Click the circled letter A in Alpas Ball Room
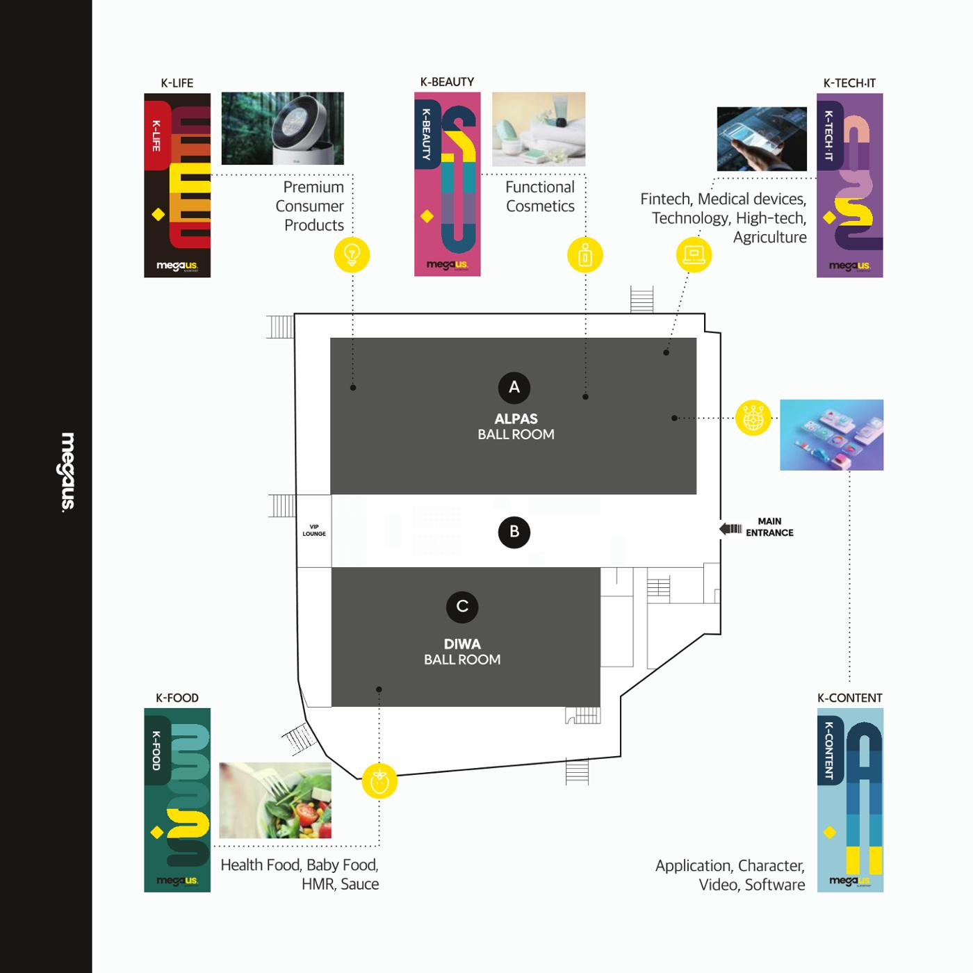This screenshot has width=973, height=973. click(x=514, y=387)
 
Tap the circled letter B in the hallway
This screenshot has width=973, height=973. click(x=514, y=532)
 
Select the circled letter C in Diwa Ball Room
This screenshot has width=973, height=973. click(x=462, y=607)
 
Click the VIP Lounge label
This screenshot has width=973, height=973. click(x=314, y=530)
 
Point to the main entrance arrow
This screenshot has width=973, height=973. click(x=730, y=529)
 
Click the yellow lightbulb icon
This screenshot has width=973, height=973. click(x=352, y=254)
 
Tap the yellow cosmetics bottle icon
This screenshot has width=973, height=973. click(x=585, y=254)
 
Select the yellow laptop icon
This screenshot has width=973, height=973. click(x=694, y=254)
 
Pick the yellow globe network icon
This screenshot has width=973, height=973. click(x=753, y=418)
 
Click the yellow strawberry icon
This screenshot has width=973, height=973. click(x=379, y=781)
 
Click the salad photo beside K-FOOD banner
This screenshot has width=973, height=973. click(x=275, y=801)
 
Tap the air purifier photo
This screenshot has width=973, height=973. click(x=283, y=129)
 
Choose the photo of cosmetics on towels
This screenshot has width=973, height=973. click(x=539, y=129)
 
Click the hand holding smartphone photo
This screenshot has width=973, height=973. click(x=762, y=139)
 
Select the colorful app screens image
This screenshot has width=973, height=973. click(x=832, y=435)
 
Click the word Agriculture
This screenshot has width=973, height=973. click(x=769, y=237)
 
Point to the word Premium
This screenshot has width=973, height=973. click(x=313, y=187)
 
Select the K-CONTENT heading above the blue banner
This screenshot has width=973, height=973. click(x=850, y=698)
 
